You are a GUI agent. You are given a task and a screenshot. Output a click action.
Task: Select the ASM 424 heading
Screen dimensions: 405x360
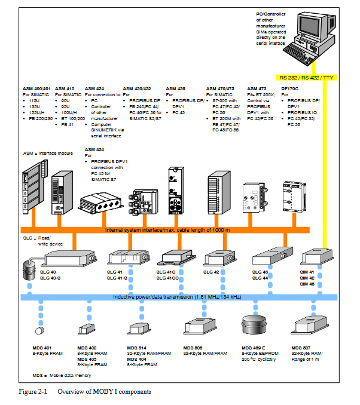tap(95, 88)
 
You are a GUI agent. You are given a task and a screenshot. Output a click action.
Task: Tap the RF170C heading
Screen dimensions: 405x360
tap(289, 88)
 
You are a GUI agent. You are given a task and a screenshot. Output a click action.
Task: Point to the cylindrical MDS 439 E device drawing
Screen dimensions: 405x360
tap(253, 326)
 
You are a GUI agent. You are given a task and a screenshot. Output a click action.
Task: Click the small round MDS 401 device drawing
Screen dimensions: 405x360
tap(40, 330)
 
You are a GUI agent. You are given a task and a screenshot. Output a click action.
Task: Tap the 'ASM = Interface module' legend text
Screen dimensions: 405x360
tap(48, 154)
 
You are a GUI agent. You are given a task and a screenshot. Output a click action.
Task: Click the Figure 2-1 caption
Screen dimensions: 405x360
tap(84, 392)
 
